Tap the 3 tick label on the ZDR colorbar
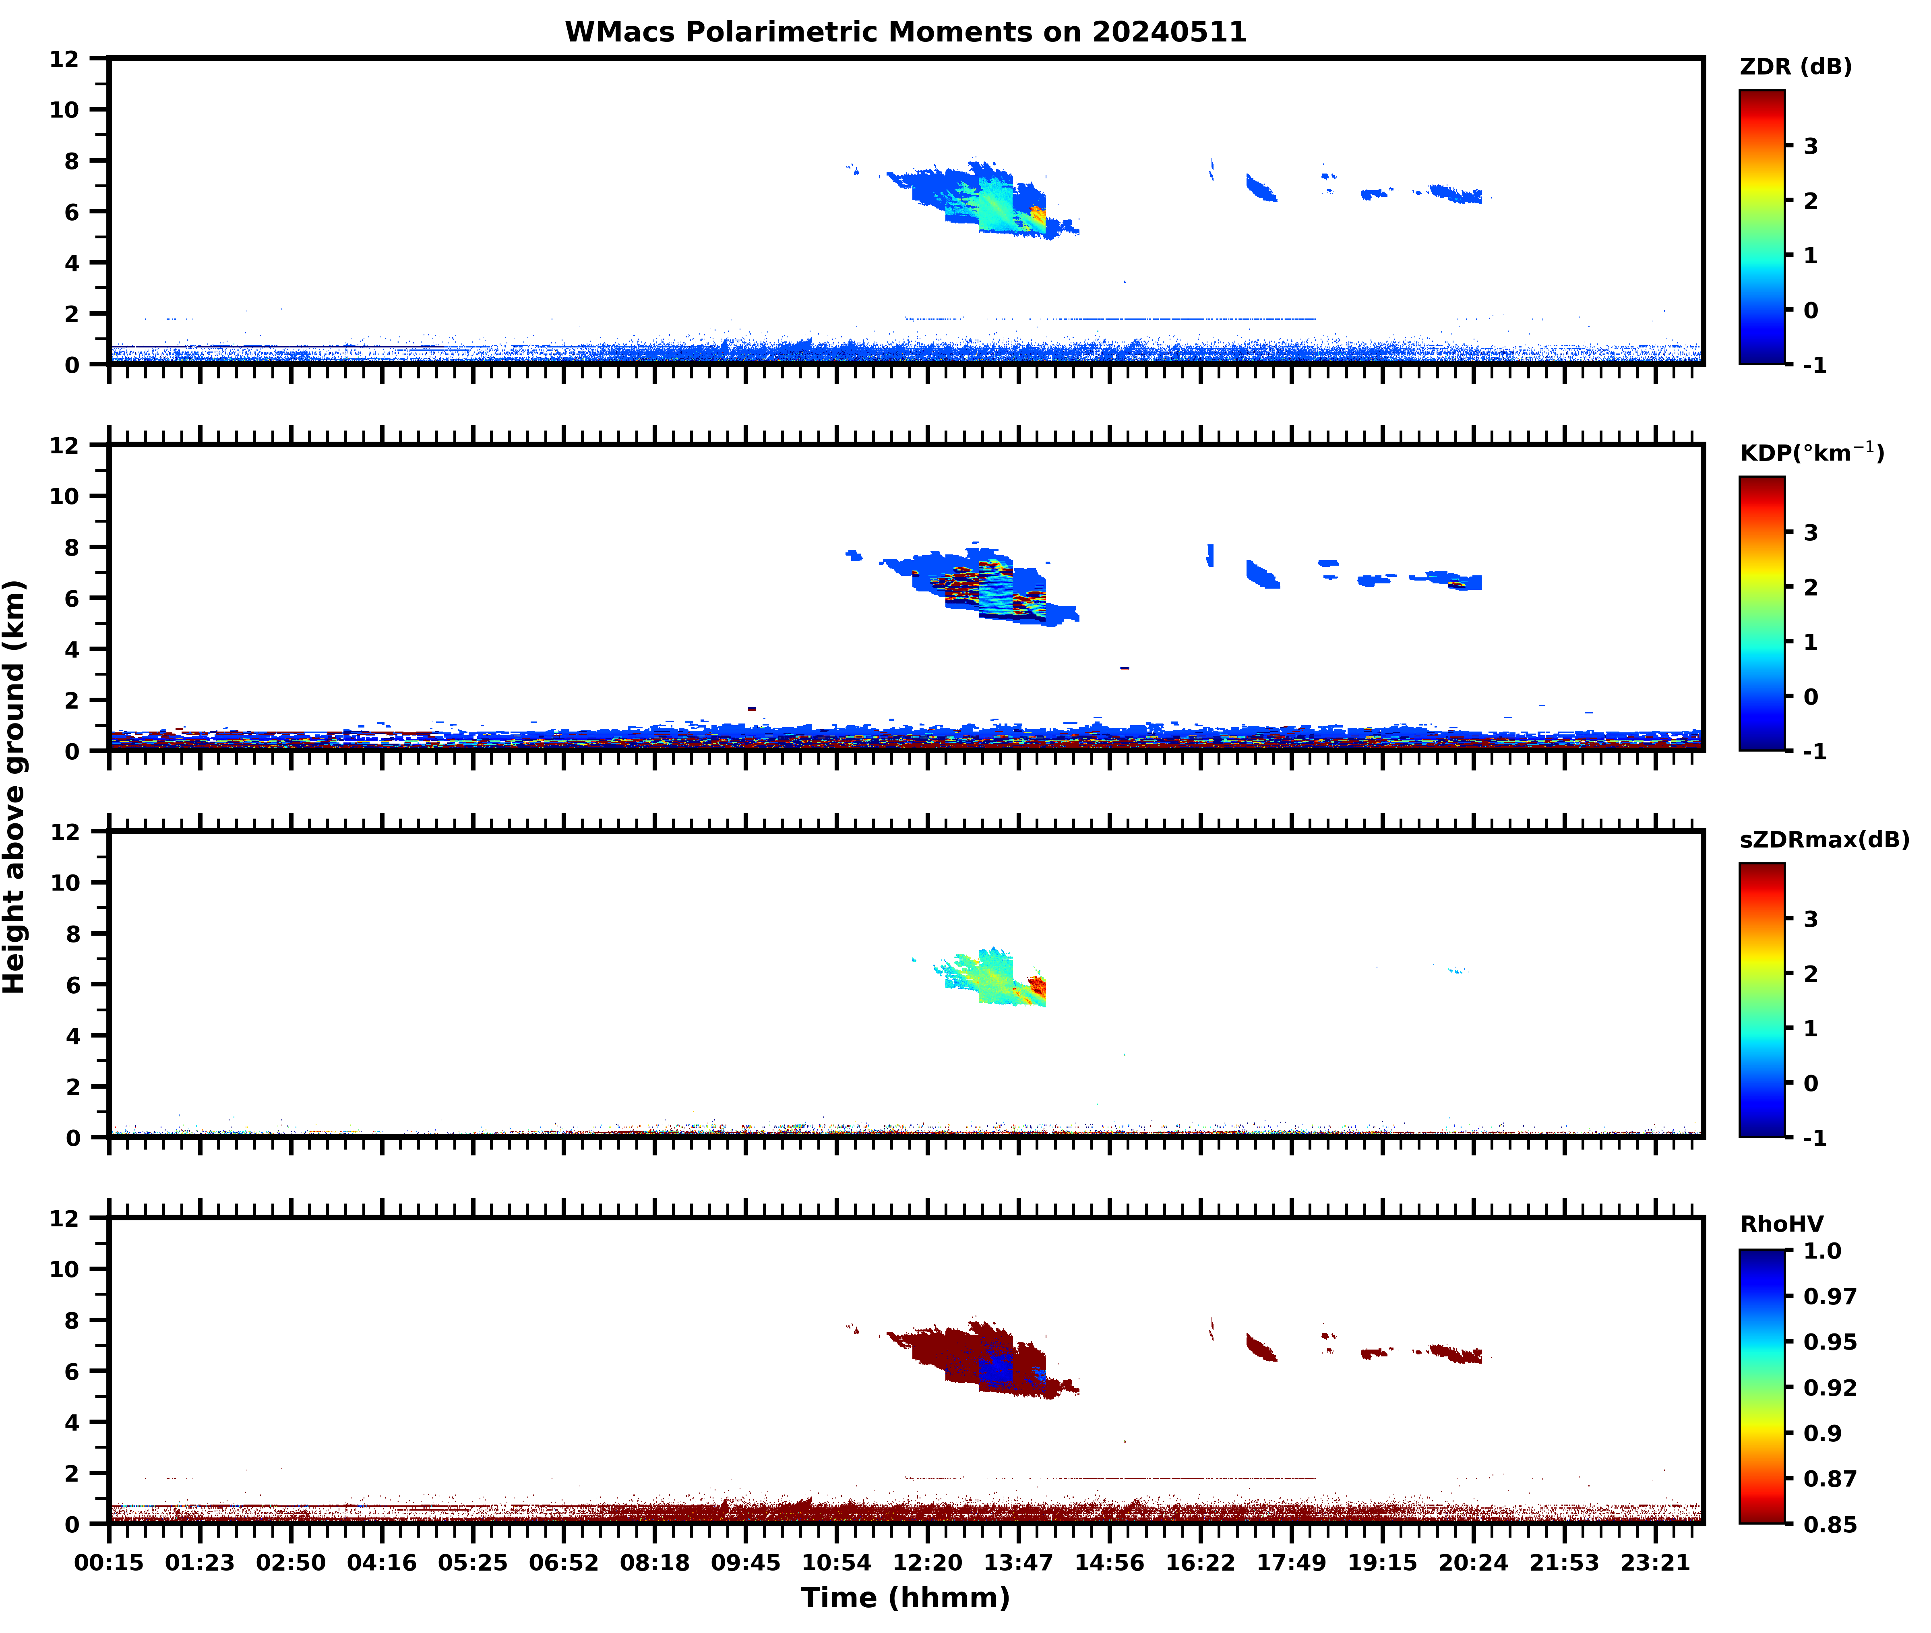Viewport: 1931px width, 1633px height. tap(1811, 146)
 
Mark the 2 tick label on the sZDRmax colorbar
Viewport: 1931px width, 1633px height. tap(1811, 974)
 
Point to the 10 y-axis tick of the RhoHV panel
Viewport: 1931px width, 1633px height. tap(65, 1269)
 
